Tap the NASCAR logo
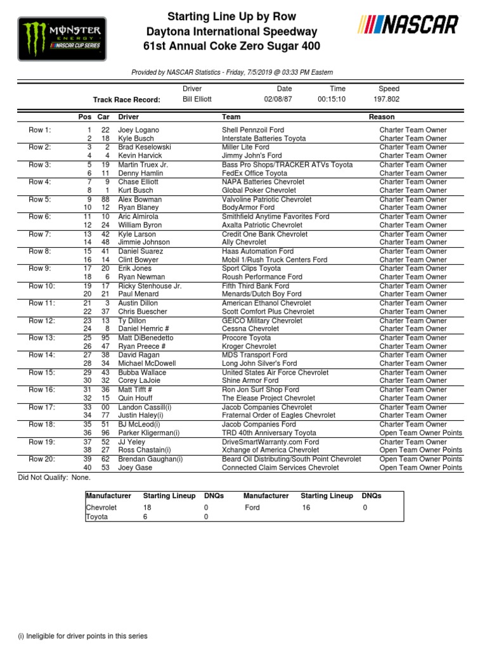tap(408, 25)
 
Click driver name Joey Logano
tap(138, 130)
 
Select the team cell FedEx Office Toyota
tap(254, 173)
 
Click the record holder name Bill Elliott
tap(197, 100)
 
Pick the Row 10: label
tap(42, 286)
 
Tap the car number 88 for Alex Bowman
tap(105, 199)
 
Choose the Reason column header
tap(382, 117)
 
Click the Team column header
tap(231, 117)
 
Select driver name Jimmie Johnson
tap(144, 242)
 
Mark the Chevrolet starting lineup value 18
tap(148, 508)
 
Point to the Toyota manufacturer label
tap(97, 517)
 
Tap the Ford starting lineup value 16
tap(306, 508)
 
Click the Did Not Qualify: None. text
tap(55, 477)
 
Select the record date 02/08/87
tap(278, 100)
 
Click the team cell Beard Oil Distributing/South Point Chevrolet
tap(291, 459)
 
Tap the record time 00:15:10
tap(332, 100)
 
